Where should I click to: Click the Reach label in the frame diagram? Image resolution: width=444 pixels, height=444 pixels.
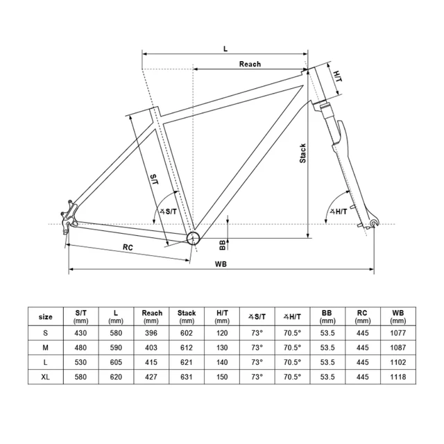(250, 65)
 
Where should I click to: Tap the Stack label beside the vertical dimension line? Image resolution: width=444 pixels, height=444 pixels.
(302, 153)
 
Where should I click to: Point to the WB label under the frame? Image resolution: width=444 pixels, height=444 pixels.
(221, 264)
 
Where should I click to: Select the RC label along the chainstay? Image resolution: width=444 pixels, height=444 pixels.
(128, 247)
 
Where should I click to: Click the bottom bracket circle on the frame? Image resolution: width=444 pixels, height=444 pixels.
(192, 238)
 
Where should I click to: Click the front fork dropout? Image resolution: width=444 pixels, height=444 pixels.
(375, 223)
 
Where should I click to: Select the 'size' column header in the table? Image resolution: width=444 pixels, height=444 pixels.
(46, 316)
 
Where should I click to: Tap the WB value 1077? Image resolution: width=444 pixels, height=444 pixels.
(398, 333)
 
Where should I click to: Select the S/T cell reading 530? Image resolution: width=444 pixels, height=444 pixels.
(80, 361)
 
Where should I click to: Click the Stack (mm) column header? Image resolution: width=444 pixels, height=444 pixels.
(187, 316)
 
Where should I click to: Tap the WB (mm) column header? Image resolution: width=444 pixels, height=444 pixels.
(398, 316)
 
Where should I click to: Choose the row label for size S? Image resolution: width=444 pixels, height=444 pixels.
(46, 333)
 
